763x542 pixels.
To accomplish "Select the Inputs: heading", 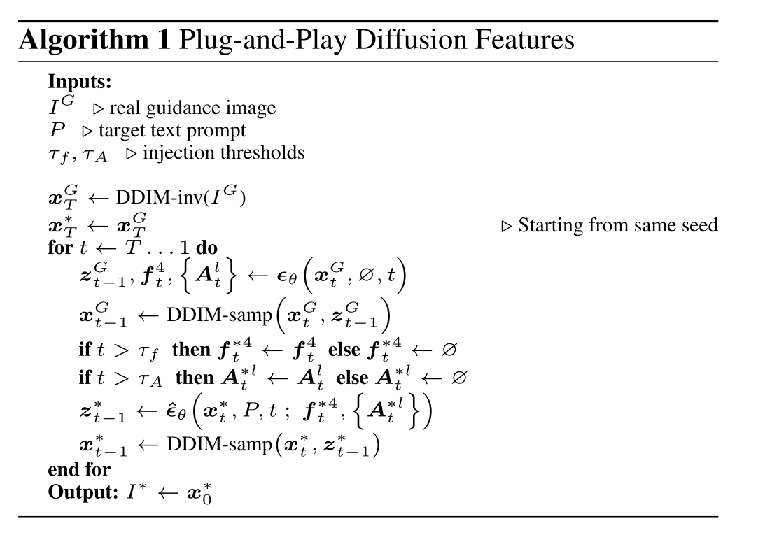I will tap(80, 82).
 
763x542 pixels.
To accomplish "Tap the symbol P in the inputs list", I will tap(57, 130).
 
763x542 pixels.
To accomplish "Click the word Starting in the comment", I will tap(551, 225).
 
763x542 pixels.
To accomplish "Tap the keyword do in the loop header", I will tap(206, 248).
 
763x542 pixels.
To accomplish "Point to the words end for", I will tap(79, 469).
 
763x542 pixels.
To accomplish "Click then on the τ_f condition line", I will tap(190, 348).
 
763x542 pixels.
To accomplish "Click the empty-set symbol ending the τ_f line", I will tap(448, 349).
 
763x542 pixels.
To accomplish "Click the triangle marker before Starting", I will tap(507, 226).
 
